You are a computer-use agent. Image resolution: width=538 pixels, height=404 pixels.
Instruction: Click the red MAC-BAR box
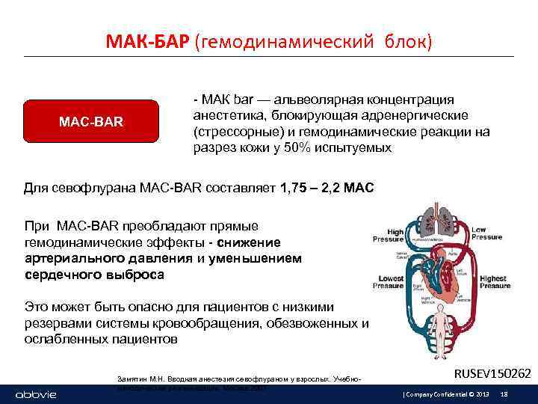(x=91, y=121)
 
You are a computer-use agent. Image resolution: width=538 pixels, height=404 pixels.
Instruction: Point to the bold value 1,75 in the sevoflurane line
(x=293, y=186)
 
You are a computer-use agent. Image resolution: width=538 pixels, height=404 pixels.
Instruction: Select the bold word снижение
(x=250, y=242)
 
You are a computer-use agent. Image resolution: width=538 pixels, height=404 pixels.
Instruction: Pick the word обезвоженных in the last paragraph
(x=318, y=323)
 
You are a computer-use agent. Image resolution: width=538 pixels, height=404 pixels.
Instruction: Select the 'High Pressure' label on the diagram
(x=395, y=236)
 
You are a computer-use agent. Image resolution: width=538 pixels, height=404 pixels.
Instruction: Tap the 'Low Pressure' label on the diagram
(x=486, y=233)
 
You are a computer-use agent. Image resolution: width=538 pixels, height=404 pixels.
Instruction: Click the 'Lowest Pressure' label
(x=390, y=283)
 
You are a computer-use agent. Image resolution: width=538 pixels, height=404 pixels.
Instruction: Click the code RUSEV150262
(x=492, y=373)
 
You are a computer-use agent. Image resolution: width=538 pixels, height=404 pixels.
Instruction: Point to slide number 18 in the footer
(x=504, y=394)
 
